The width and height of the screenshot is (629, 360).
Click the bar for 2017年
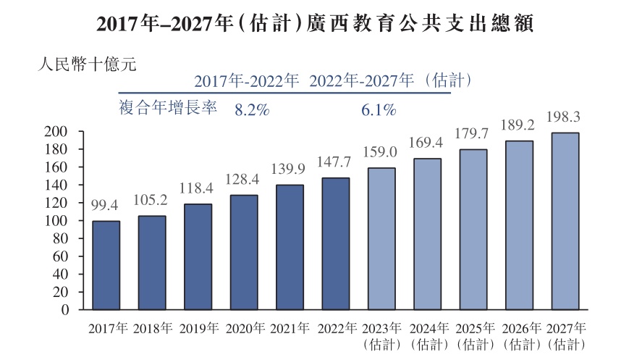pyautogui.click(x=106, y=265)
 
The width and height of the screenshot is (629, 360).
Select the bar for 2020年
pyautogui.click(x=244, y=252)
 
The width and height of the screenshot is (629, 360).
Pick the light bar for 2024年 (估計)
pyautogui.click(x=427, y=234)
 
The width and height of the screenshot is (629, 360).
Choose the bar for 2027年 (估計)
pyautogui.click(x=565, y=221)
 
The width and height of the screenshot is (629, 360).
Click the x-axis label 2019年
pyautogui.click(x=198, y=328)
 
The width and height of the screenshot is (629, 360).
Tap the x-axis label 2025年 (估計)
pyautogui.click(x=473, y=335)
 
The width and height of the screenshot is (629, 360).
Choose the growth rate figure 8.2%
pyautogui.click(x=252, y=111)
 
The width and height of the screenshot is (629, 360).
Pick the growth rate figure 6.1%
pyautogui.click(x=378, y=111)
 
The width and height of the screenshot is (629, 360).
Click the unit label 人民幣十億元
pyautogui.click(x=87, y=63)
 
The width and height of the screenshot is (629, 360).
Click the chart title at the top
pyautogui.click(x=314, y=24)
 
